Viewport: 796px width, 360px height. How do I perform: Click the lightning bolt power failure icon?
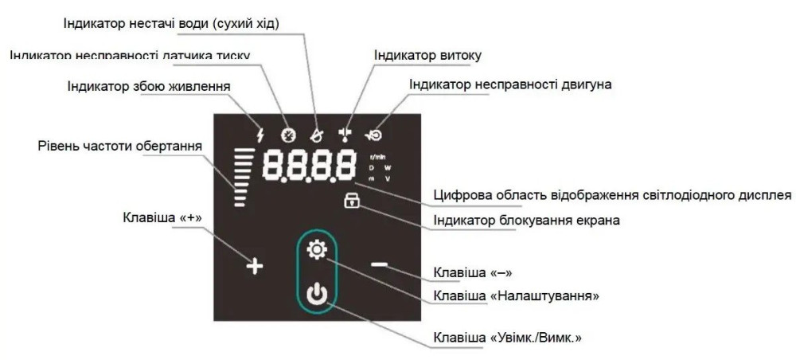pyautogui.click(x=259, y=135)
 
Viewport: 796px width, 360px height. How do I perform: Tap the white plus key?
pyautogui.click(x=253, y=266)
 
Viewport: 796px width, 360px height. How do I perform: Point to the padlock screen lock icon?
pyautogui.click(x=352, y=202)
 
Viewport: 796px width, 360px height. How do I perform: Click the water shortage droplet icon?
pyautogui.click(x=317, y=135)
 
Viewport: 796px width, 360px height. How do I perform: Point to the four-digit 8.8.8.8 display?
pyautogui.click(x=310, y=166)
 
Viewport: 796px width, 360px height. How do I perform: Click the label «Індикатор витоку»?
pyautogui.click(x=427, y=56)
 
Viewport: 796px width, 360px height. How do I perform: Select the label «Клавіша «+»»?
pyautogui.click(x=162, y=217)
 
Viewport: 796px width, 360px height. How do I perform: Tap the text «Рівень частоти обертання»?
pyautogui.click(x=119, y=147)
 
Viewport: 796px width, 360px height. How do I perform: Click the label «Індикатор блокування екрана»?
pyautogui.click(x=526, y=220)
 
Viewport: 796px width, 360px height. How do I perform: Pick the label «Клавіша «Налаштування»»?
pyautogui.click(x=516, y=295)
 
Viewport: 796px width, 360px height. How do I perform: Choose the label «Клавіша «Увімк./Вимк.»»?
pyautogui.click(x=507, y=337)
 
